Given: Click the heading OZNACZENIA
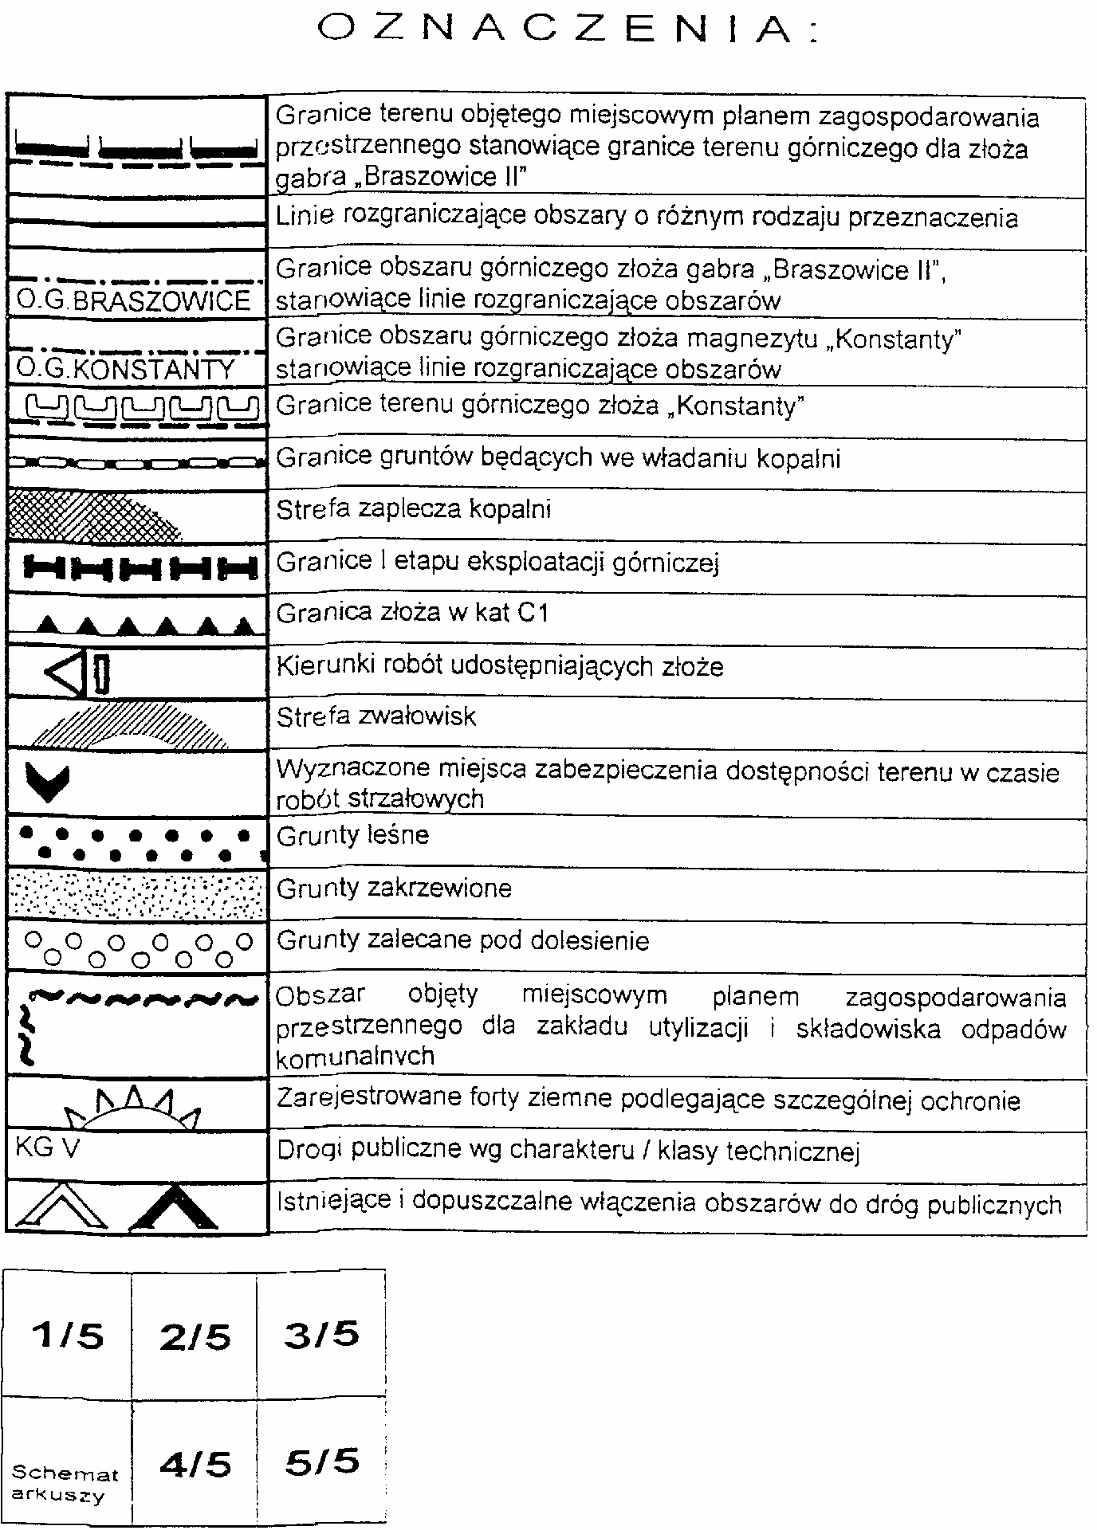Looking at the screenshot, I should tap(568, 30).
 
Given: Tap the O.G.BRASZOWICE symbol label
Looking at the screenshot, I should tap(133, 301).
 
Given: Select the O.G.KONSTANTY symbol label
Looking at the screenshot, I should tap(126, 369).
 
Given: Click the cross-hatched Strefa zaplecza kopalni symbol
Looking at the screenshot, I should tap(92, 517).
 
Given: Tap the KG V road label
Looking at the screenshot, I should tap(47, 1148).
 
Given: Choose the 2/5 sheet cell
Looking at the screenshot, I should tap(195, 1336).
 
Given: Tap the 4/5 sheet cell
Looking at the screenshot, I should tap(195, 1463).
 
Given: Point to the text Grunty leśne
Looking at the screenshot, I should tap(353, 836).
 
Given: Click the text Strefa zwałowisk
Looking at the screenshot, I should tap(375, 717).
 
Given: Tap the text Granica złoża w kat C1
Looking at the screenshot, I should tap(412, 614).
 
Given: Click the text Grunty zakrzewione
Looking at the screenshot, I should tap(394, 889).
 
